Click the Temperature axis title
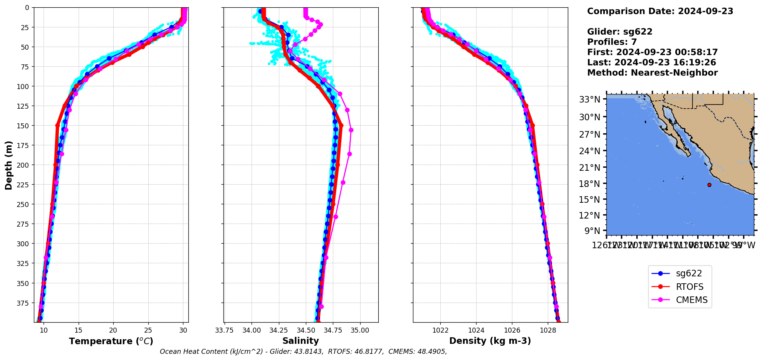pos(111,341)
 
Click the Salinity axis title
pos(300,341)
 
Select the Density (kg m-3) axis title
pos(490,341)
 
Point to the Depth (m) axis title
pos(8,165)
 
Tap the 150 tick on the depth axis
pos(23,126)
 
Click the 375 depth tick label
pos(23,303)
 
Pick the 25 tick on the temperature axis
pos(148,330)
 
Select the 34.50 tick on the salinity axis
pos(306,330)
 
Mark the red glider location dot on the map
pos(709,185)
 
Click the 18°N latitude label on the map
pos(589,184)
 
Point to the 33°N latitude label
pos(589,99)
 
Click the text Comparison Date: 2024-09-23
pos(660,11)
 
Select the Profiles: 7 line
pos(612,42)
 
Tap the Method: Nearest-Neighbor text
pos(652,73)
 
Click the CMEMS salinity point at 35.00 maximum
pos(351,130)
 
